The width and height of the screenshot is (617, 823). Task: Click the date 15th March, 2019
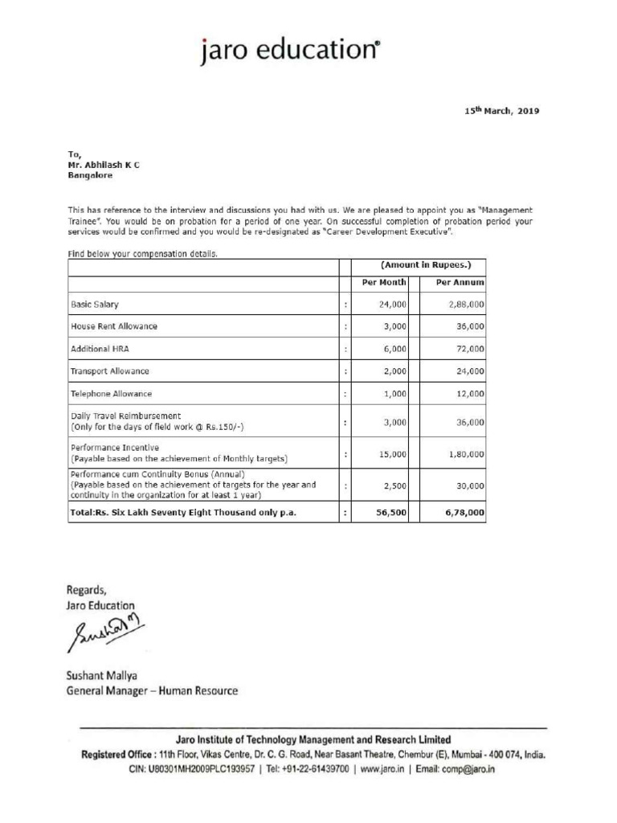tap(501, 111)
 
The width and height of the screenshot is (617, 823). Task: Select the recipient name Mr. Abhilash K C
tap(103, 164)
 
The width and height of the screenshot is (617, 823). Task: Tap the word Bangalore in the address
tap(90, 174)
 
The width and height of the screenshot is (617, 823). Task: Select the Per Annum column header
tap(460, 283)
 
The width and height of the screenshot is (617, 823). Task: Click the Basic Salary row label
tap(95, 305)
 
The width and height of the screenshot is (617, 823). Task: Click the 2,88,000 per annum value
tap(466, 305)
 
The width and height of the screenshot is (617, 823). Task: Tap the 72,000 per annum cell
tap(469, 349)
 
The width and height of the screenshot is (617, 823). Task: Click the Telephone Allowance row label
tap(111, 394)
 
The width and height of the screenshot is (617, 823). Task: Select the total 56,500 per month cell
tap(392, 512)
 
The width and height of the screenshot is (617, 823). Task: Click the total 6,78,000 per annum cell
tap(464, 512)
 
